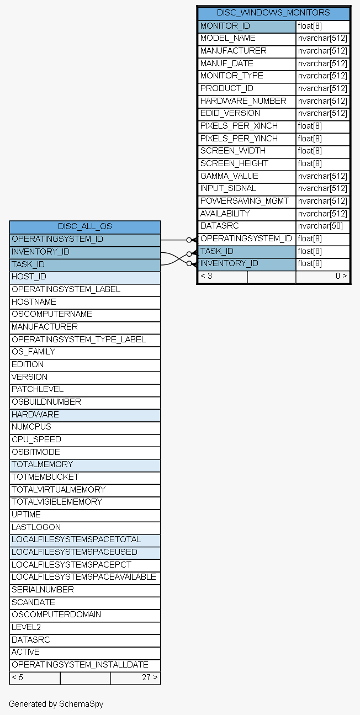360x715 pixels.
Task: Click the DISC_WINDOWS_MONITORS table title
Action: click(x=273, y=13)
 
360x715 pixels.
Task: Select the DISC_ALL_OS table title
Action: click(x=85, y=226)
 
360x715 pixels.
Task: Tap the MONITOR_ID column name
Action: click(x=225, y=26)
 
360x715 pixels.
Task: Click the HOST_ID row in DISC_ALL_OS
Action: click(x=85, y=277)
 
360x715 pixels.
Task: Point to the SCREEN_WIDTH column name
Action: click(x=232, y=151)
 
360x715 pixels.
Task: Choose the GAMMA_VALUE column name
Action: click(x=229, y=176)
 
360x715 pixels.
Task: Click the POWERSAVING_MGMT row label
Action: click(x=245, y=201)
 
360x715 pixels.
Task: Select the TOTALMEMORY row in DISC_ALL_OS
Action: click(x=85, y=465)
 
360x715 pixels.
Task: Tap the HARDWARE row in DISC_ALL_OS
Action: click(x=85, y=415)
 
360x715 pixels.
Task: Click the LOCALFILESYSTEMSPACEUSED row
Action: click(x=85, y=553)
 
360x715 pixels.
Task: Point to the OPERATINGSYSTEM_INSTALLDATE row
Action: click(x=85, y=665)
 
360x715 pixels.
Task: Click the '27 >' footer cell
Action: click(x=135, y=677)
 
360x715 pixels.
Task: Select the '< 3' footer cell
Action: click(x=223, y=277)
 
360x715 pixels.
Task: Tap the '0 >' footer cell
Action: click(x=322, y=277)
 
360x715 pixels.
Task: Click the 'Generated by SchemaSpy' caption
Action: click(x=56, y=704)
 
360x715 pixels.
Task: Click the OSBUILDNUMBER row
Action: click(x=85, y=402)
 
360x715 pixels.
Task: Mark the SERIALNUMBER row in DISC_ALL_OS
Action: click(x=85, y=590)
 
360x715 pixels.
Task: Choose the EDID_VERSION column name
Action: click(x=230, y=113)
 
